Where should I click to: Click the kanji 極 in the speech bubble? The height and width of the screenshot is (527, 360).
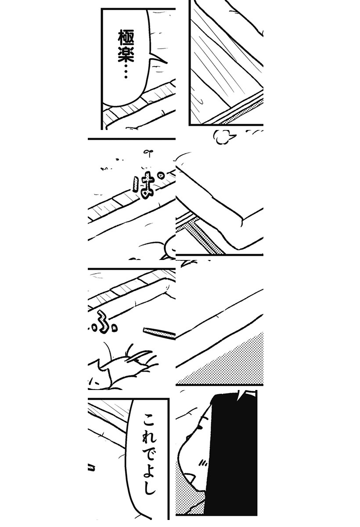[x=126, y=37]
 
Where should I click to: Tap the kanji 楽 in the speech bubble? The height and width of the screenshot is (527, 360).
[x=126, y=54]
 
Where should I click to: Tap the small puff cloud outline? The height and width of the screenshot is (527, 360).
[x=221, y=137]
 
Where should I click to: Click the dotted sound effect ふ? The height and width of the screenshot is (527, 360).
[x=104, y=323]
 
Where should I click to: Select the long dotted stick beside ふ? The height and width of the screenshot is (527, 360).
[x=159, y=333]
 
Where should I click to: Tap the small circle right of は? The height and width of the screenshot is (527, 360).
[x=161, y=175]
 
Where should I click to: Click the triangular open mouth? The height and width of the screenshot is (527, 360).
[x=191, y=478]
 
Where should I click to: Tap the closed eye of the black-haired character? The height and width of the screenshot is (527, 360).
[x=201, y=427]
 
